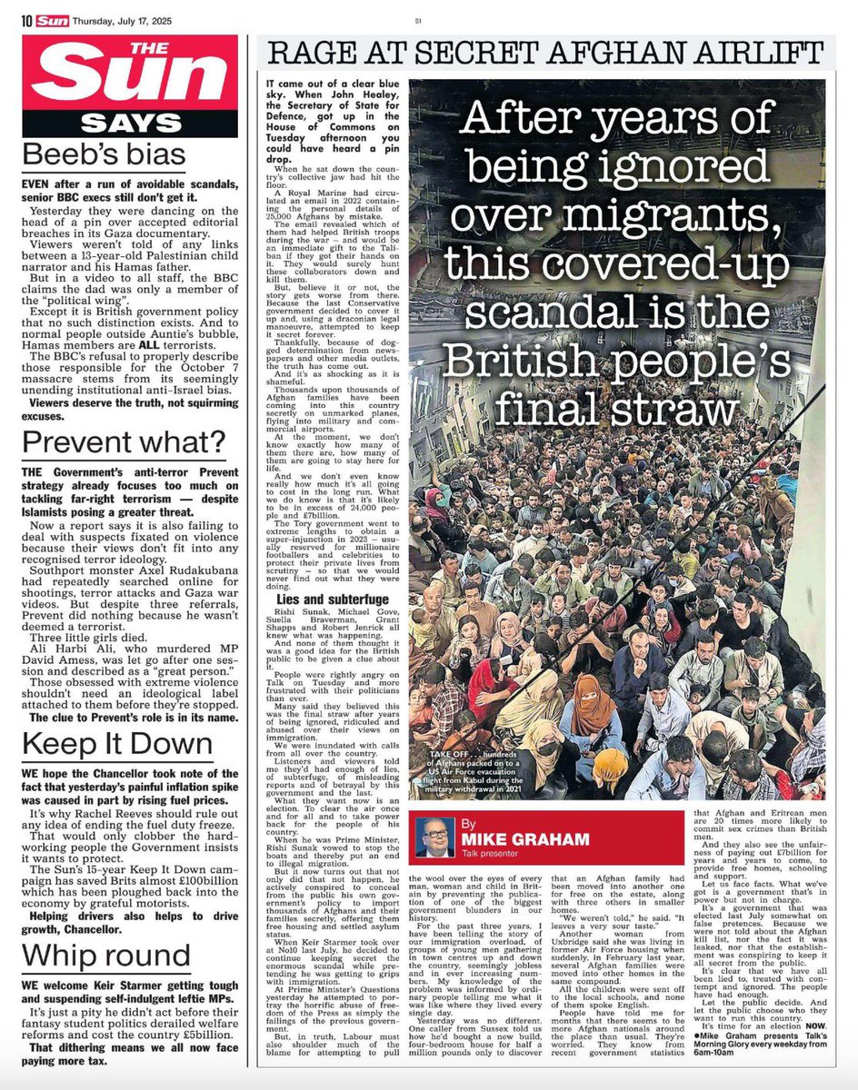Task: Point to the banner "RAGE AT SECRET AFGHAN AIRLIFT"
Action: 544,53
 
